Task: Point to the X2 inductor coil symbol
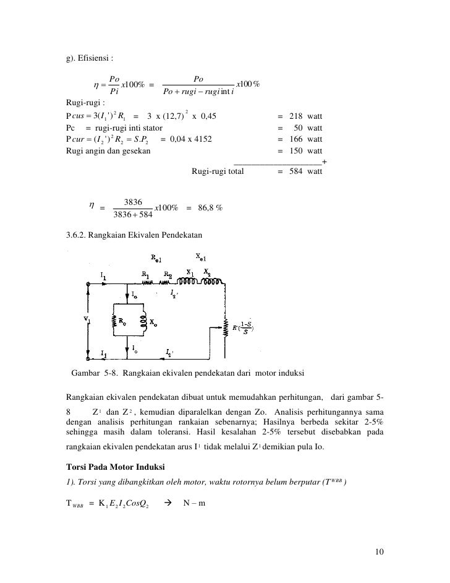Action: [213, 282]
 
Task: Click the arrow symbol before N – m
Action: [168, 501]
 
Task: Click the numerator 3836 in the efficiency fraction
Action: [134, 202]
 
